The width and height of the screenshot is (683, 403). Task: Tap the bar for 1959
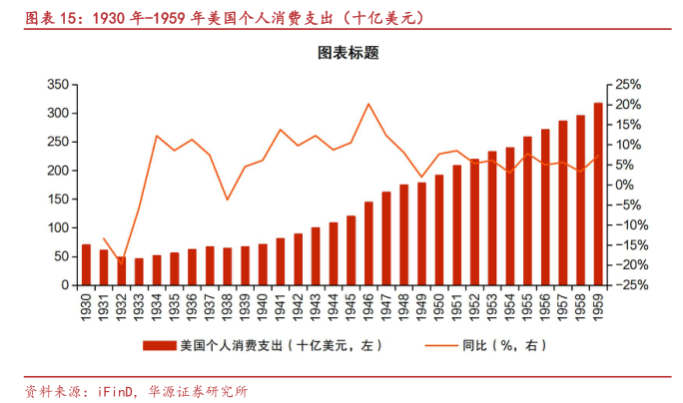[598, 195]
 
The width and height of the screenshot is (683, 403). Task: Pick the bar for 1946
[368, 243]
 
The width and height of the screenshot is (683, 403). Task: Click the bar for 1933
[139, 271]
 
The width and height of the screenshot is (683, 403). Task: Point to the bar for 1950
[439, 230]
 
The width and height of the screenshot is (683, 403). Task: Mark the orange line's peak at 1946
[368, 104]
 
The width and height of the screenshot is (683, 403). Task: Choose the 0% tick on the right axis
[624, 185]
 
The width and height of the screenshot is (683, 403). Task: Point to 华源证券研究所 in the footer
[198, 391]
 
